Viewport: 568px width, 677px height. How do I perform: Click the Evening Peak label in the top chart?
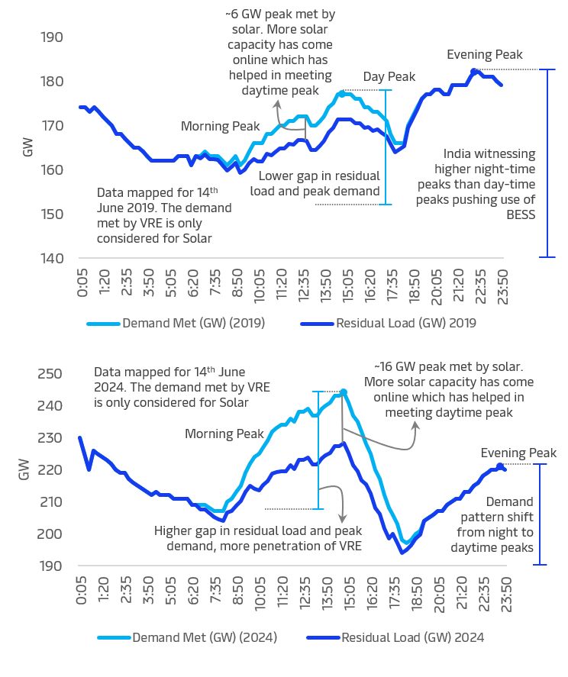(485, 54)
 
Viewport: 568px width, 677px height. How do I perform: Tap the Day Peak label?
(389, 76)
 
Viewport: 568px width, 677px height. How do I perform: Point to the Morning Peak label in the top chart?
(221, 126)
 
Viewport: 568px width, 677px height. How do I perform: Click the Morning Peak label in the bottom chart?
(224, 434)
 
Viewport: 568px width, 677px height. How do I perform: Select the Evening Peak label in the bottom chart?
(518, 453)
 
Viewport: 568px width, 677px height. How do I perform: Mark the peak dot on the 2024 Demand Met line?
(344, 392)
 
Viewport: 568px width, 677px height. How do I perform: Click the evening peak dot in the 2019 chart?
(474, 70)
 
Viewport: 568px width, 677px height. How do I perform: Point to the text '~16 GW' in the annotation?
(393, 367)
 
